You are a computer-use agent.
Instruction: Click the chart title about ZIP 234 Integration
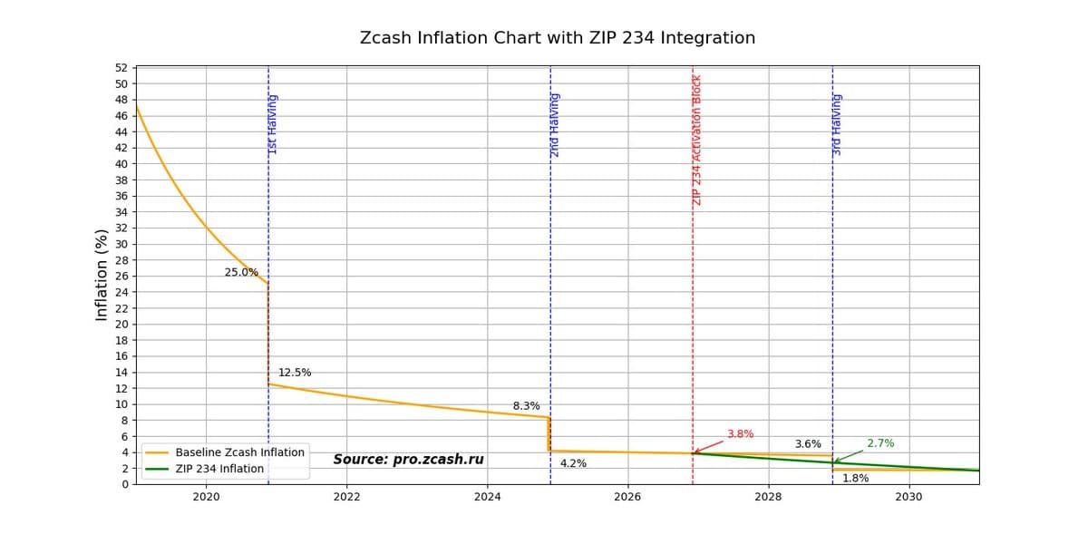557,38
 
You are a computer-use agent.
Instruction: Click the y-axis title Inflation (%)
102,275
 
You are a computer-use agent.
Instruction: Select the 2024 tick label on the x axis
487,497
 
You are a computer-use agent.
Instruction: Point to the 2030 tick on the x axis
908,497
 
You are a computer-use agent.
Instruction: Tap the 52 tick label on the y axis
121,68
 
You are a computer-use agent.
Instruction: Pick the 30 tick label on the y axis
121,244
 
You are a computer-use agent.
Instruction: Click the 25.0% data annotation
241,272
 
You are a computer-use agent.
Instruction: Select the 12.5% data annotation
295,373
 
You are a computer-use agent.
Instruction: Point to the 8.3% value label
526,406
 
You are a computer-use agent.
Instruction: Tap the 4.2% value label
573,463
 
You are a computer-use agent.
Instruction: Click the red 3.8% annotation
740,434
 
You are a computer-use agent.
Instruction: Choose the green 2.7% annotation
880,443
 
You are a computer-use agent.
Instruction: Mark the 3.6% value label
808,444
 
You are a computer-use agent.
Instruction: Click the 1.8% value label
855,478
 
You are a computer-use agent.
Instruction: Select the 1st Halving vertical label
273,124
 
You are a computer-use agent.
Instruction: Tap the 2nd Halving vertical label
555,125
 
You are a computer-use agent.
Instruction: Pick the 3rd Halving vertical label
837,124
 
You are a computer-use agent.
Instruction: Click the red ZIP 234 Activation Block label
697,141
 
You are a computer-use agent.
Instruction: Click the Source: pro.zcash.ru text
408,460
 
